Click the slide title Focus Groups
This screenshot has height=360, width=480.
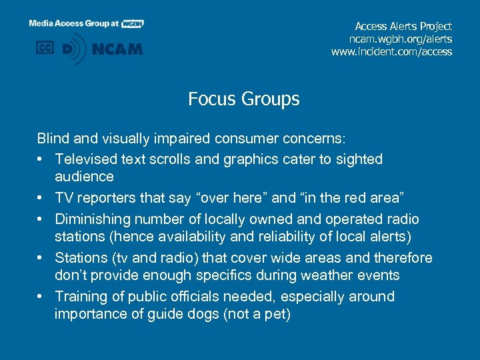243,99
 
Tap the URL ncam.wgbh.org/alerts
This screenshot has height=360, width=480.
405,39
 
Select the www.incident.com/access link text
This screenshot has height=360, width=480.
391,51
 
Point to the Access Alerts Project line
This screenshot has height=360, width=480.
403,26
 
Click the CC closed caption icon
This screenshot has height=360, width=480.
45,48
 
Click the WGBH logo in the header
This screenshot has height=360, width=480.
133,23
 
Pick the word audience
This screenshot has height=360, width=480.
84,177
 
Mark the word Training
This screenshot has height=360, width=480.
81,297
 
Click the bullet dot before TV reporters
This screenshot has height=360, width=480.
41,198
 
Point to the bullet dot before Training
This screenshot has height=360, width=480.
41,297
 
